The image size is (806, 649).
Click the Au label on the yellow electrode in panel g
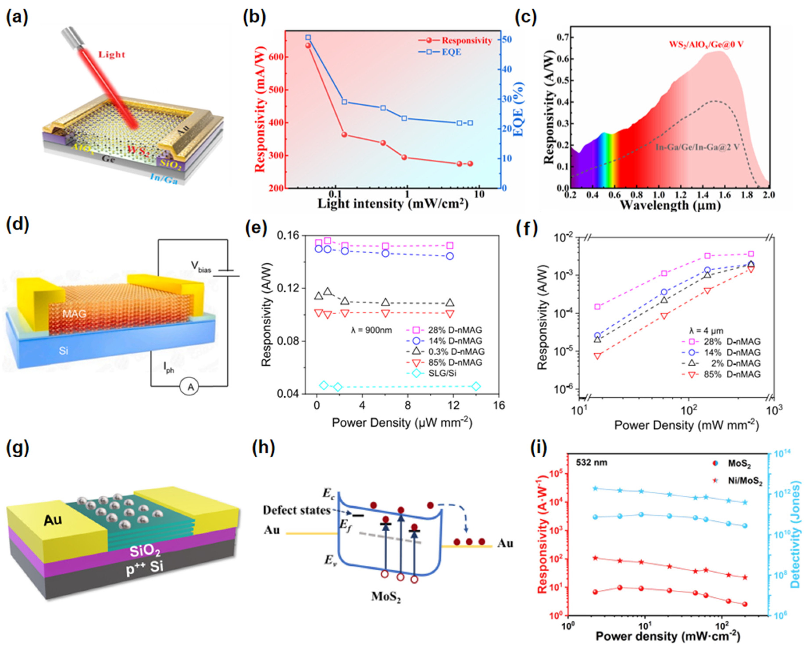click(x=53, y=520)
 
